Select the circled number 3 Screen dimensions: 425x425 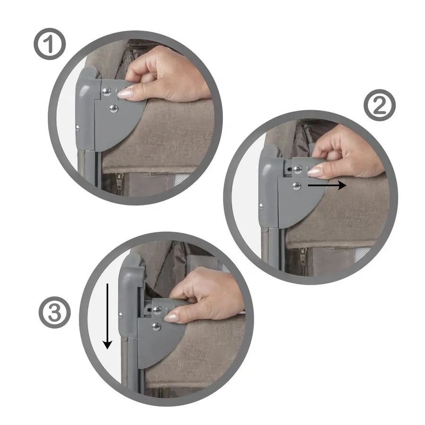[54, 314]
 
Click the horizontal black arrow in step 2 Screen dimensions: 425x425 [327, 186]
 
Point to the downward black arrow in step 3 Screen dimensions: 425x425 [108, 316]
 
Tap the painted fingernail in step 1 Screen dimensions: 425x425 [125, 93]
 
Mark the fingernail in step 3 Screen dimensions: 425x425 [171, 317]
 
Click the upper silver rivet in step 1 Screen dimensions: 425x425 [108, 91]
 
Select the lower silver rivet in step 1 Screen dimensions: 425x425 [113, 109]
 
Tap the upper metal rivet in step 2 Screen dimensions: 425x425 [297, 169]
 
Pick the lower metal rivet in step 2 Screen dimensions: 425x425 [297, 186]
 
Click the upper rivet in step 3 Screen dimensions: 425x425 [157, 310]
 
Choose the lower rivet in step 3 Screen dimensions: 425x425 [156, 326]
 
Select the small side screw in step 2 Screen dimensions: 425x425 [261, 206]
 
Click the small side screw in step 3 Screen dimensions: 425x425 [121, 314]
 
